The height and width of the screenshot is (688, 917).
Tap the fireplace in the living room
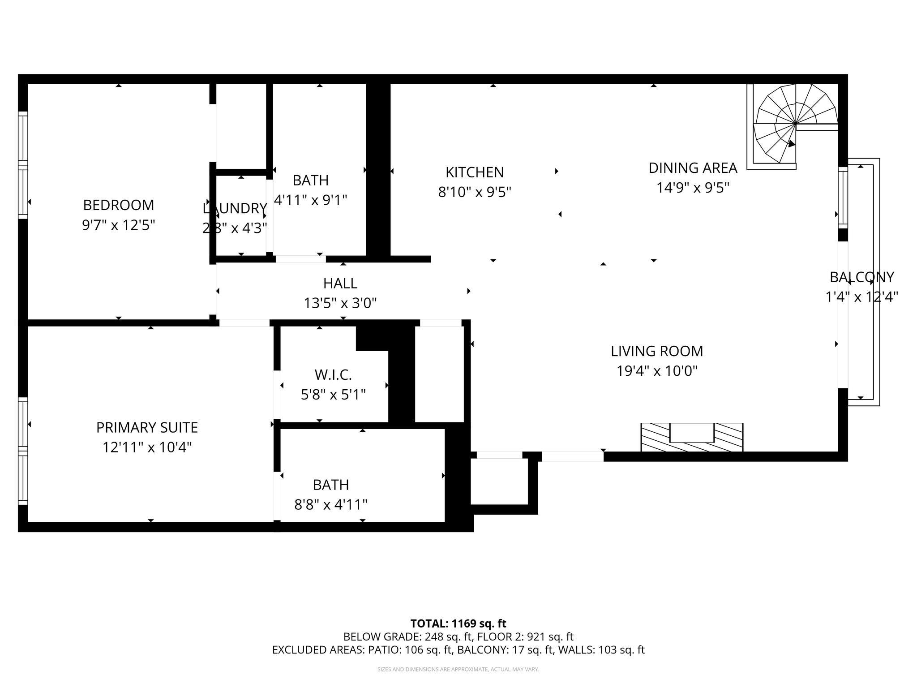692,437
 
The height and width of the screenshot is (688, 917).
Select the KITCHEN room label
474,172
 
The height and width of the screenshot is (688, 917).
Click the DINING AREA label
693,168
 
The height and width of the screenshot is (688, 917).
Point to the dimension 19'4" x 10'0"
657,371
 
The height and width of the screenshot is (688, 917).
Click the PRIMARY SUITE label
147,428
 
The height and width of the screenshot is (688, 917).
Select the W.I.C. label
333,374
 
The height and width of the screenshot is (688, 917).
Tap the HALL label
340,284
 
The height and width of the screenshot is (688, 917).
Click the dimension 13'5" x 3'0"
340,304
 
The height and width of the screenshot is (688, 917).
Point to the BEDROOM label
118,205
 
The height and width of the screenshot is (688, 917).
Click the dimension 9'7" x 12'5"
118,225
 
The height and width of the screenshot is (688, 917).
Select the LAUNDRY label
235,209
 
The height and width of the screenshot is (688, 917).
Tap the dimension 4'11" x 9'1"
310,200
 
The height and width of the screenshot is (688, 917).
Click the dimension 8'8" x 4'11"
330,505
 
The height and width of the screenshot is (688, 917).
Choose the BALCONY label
861,277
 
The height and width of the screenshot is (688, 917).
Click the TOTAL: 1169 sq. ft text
458,623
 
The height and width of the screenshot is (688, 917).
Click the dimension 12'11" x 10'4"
147,447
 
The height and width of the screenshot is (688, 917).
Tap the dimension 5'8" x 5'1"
333,395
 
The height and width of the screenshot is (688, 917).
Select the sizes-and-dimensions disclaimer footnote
458,669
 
